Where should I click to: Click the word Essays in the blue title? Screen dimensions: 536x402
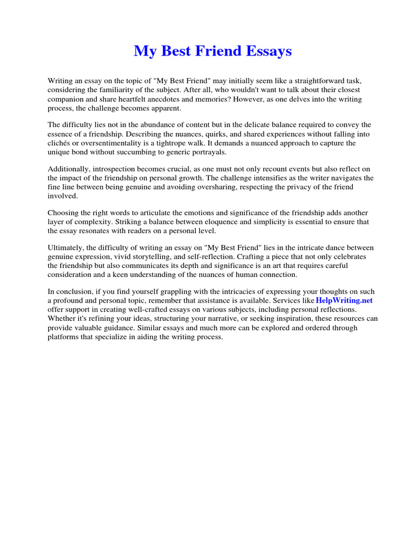coord(269,51)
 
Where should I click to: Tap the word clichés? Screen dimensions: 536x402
coord(59,142)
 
